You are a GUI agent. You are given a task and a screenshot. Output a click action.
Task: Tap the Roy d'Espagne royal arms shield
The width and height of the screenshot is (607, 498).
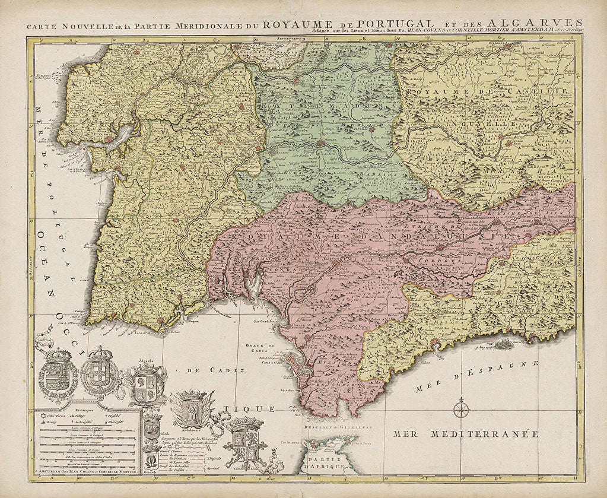point(58,374)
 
